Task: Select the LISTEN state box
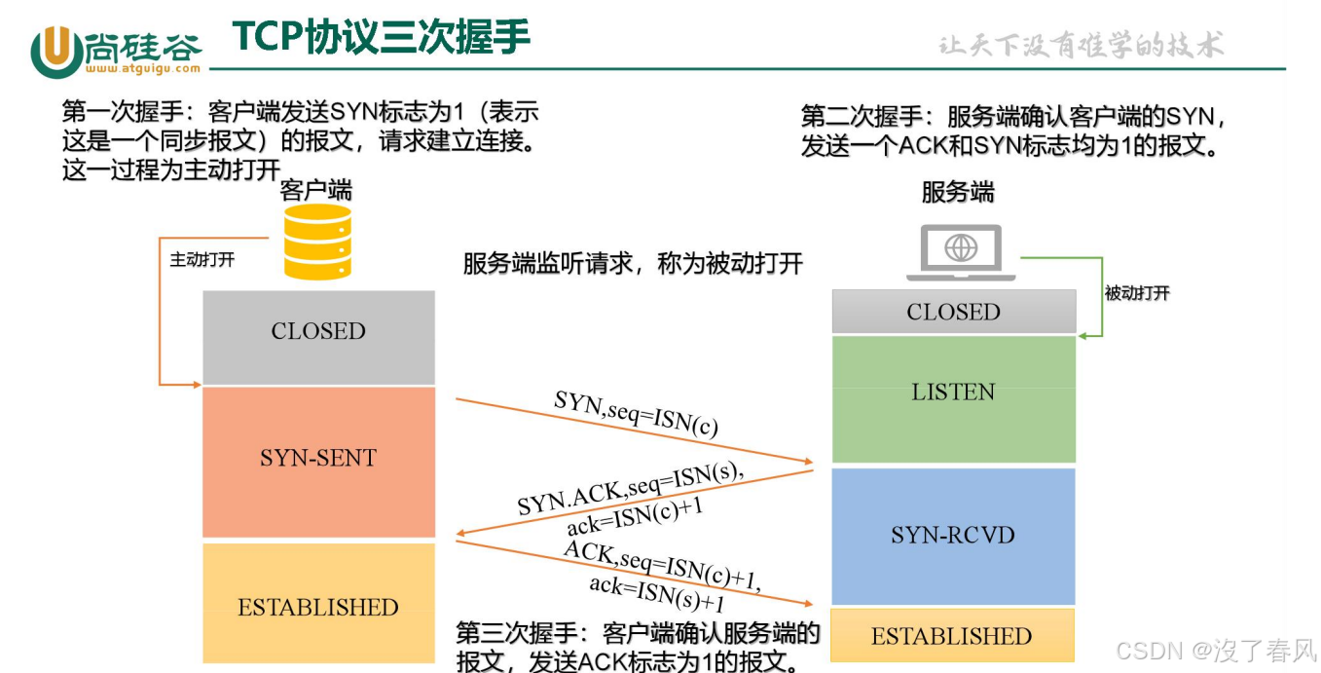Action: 953,397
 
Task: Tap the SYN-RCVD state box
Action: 953,536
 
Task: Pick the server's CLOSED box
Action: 953,312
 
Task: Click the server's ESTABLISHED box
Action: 951,636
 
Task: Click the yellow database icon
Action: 317,241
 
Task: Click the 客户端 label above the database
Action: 316,189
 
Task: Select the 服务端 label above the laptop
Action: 958,192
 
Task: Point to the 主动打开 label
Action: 202,260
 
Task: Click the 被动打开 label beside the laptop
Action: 1137,293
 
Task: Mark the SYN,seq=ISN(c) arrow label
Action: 637,412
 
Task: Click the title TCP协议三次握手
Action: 381,37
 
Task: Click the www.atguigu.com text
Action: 142,69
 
